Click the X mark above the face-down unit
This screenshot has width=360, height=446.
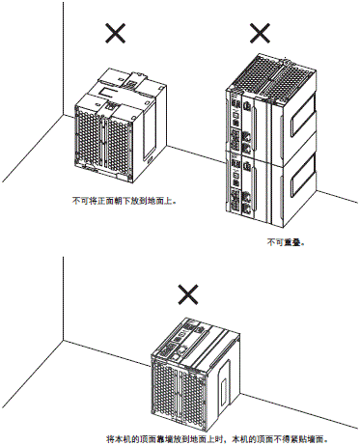pos(116,34)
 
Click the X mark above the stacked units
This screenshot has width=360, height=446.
pos(261,34)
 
